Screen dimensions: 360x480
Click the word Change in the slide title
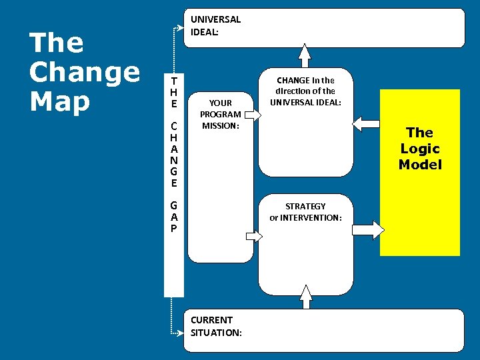pyautogui.click(x=85, y=72)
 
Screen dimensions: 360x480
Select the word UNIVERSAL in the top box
pyautogui.click(x=215, y=19)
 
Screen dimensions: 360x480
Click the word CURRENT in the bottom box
pyautogui.click(x=211, y=320)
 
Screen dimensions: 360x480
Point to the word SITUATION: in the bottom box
pyautogui.click(x=216, y=332)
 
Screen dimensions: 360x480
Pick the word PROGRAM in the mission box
pyautogui.click(x=220, y=114)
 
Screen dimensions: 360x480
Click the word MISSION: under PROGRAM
pyautogui.click(x=220, y=125)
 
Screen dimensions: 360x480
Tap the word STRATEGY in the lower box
pyautogui.click(x=305, y=206)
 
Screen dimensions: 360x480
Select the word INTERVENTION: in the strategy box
pyautogui.click(x=311, y=217)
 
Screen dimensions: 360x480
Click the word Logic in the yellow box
pyautogui.click(x=420, y=148)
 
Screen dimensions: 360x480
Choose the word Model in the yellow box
pyautogui.click(x=420, y=164)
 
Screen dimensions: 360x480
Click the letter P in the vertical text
pyautogui.click(x=173, y=228)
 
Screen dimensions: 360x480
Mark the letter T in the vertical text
pyautogui.click(x=173, y=80)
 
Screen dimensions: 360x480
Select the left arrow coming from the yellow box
pyautogui.click(x=365, y=123)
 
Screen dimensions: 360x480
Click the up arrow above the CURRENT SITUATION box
pyautogui.click(x=305, y=297)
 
